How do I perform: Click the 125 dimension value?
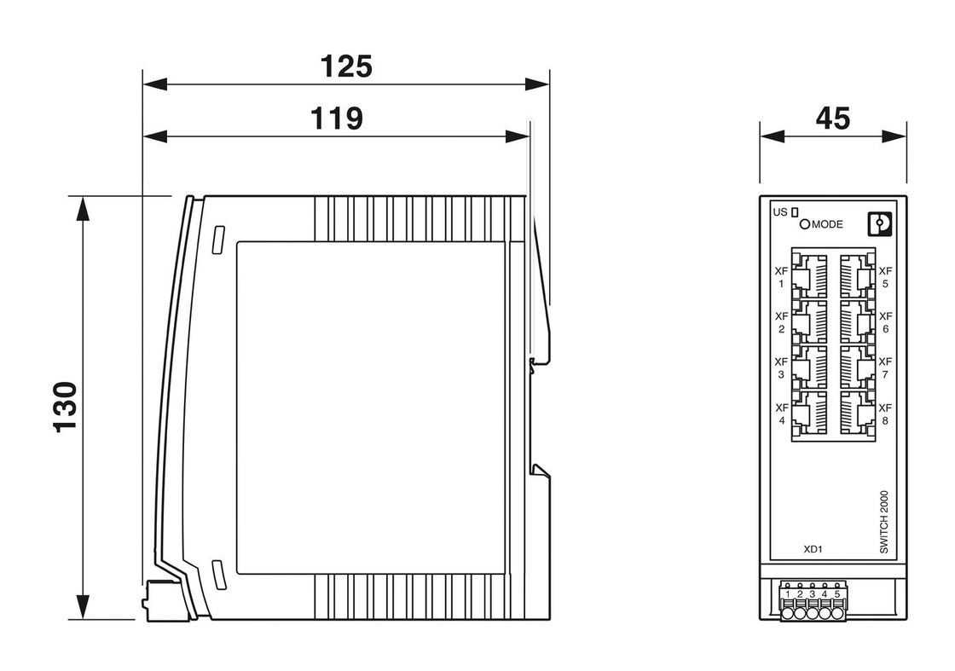click(346, 67)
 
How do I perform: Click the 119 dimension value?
click(337, 119)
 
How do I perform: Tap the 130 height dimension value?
click(66, 408)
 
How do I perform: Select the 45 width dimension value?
click(832, 119)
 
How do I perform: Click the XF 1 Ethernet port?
click(809, 276)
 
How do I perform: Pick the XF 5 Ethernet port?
click(857, 276)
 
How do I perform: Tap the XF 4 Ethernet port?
click(809, 413)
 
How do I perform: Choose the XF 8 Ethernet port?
click(857, 413)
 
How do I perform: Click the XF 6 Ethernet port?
click(857, 321)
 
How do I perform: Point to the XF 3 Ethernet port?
click(809, 367)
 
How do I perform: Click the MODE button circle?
click(805, 224)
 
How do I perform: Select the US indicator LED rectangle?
click(794, 212)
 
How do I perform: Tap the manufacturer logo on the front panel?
click(879, 224)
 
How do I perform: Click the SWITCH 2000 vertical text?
click(884, 522)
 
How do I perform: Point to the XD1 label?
click(813, 548)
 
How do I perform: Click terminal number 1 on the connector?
click(788, 594)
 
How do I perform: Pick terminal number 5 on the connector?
click(837, 594)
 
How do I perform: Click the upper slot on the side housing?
click(218, 240)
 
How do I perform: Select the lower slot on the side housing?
click(219, 574)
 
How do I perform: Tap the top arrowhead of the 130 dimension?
click(82, 208)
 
